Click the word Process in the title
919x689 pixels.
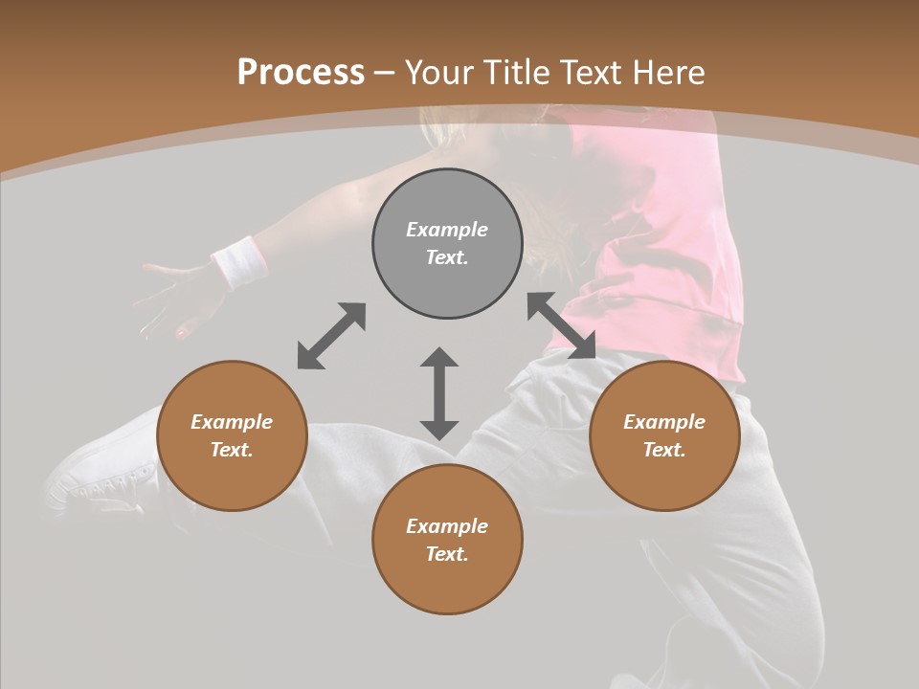pyautogui.click(x=301, y=73)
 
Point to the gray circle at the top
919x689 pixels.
pyautogui.click(x=447, y=244)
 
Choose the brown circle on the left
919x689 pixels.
pyautogui.click(x=232, y=435)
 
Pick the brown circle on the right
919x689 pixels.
pyautogui.click(x=664, y=435)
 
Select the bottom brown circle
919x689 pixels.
pyautogui.click(x=447, y=540)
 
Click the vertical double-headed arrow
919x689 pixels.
pyautogui.click(x=439, y=393)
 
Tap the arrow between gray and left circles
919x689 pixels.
pyautogui.click(x=331, y=336)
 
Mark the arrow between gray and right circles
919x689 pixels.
pyautogui.click(x=561, y=325)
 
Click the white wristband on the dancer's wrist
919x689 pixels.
pyautogui.click(x=239, y=262)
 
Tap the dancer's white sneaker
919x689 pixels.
pyautogui.click(x=105, y=474)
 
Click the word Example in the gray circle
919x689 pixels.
pyautogui.click(x=447, y=230)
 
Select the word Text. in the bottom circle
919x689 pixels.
pyautogui.click(x=447, y=554)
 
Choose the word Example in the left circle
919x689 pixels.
pyautogui.click(x=232, y=422)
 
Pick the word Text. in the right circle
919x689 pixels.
pyautogui.click(x=664, y=450)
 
